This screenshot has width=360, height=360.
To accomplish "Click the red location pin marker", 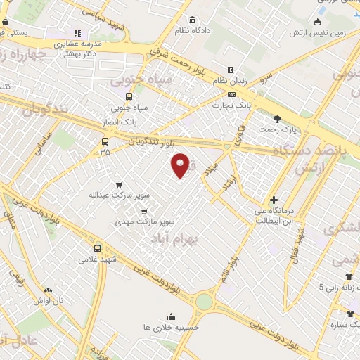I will (180, 166).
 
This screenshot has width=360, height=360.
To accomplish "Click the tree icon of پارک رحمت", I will (277, 119).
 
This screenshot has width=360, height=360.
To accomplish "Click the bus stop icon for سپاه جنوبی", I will (128, 97).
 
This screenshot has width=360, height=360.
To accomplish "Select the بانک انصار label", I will (122, 120).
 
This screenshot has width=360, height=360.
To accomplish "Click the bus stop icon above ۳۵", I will (105, 141).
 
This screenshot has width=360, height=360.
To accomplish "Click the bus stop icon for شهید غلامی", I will (98, 248).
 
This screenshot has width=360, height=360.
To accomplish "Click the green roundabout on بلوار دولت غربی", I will (204, 302).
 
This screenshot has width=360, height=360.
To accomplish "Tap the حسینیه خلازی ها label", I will (171, 327).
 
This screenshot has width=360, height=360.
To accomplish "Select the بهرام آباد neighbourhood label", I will (173, 239).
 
